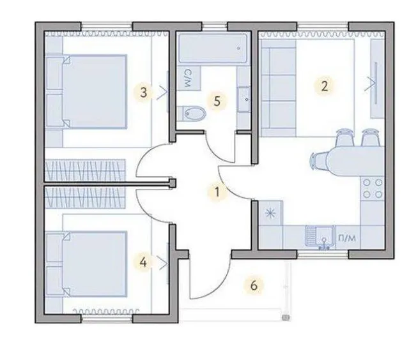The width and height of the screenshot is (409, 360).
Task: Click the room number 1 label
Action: coord(217,192)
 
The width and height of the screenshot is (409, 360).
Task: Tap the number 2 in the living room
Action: coord(324,86)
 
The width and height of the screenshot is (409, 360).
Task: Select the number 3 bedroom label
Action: coord(143,92)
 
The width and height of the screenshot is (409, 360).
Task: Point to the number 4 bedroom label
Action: coord(143,262)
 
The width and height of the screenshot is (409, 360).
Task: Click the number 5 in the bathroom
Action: coord(217,101)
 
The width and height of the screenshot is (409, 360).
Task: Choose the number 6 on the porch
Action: coord(254,285)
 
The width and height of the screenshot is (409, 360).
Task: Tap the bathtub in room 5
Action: coord(213,48)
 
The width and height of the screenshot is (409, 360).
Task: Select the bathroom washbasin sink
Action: coord(243,100)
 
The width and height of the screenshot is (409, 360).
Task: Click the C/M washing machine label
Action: coord(187,78)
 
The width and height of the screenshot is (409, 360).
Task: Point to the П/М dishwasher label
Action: coord(346,238)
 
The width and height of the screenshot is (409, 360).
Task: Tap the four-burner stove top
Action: coord(373,188)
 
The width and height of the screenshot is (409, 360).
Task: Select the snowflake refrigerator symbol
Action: coord(270,213)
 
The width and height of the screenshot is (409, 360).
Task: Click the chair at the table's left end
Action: coord(319,161)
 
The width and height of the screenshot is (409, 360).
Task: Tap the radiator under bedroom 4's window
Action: coord(106,311)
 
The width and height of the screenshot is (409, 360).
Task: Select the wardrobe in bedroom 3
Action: coord(85,170)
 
